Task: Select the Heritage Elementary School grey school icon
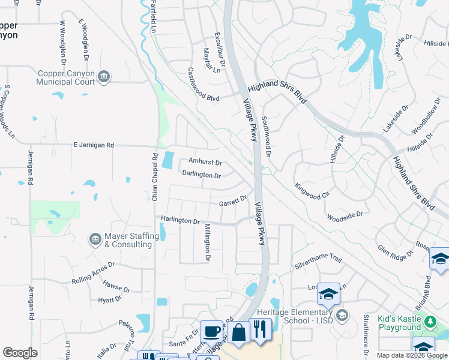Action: pos(342,315)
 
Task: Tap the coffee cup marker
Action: pos(211,332)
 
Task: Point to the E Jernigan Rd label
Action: pos(93,145)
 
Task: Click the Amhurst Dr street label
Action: pos(205,162)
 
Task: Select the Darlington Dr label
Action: pos(201,175)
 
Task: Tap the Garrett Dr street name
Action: pos(233,201)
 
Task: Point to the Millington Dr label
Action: pos(206,242)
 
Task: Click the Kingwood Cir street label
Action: pos(312,191)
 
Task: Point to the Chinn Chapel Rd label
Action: pos(154,177)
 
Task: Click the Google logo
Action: pos(20,353)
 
